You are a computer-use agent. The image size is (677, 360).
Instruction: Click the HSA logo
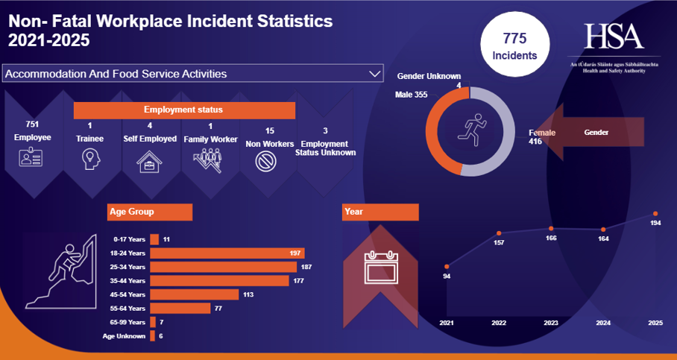point(613,37)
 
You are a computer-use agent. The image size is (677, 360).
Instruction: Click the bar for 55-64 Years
point(180,308)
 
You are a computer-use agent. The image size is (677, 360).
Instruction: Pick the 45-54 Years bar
point(194,294)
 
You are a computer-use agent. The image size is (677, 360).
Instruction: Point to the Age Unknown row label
point(125,336)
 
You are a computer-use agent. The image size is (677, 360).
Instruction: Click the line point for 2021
point(447,266)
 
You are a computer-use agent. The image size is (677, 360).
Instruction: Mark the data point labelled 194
point(655,214)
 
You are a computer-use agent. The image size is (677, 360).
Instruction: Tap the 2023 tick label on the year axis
point(551,323)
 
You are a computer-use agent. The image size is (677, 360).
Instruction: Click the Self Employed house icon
point(148,161)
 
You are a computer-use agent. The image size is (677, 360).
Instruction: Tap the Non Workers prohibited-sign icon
point(265,161)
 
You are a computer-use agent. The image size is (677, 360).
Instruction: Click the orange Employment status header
point(183,110)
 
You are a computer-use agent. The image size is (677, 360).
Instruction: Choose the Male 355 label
point(412,95)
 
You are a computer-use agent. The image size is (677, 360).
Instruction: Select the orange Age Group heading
point(149,212)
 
